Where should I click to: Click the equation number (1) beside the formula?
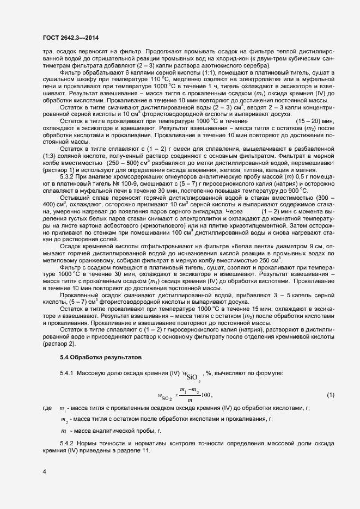tap(330, 394)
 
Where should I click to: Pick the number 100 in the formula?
tap(205, 394)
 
